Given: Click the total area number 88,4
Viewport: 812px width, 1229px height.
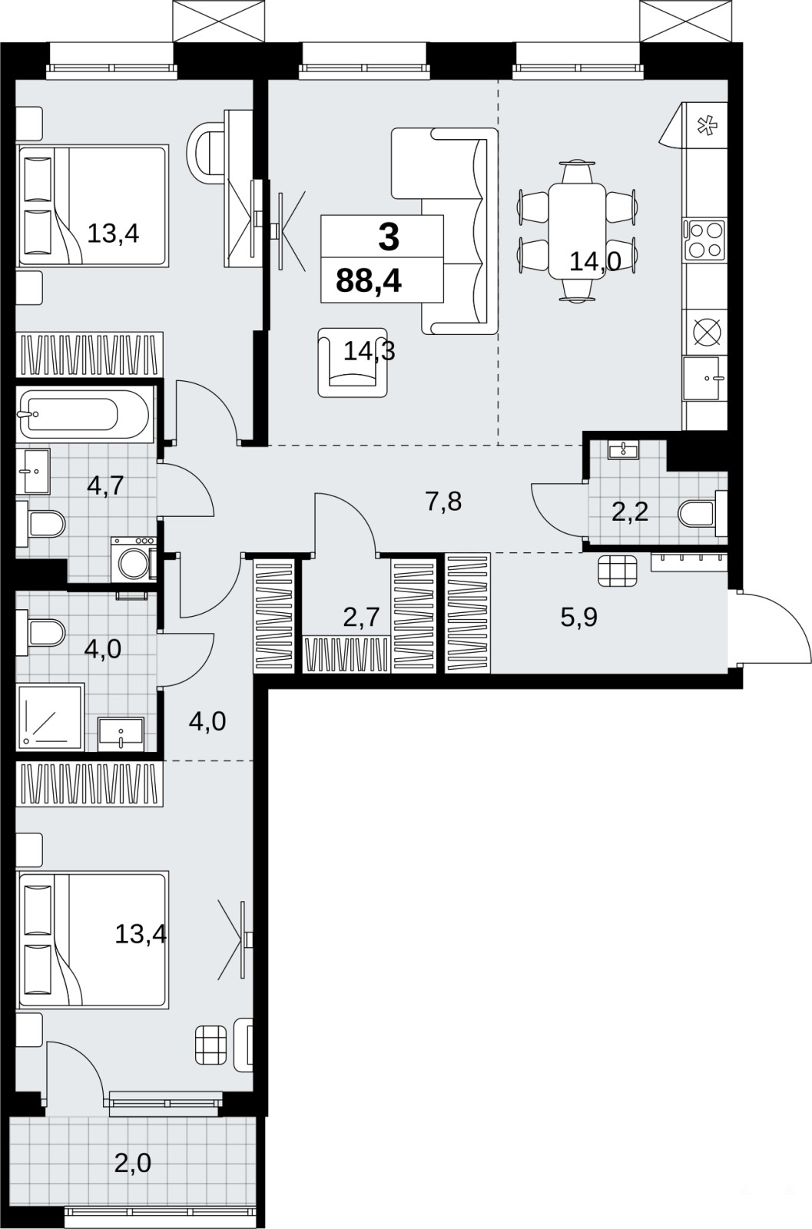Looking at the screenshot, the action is click(369, 281).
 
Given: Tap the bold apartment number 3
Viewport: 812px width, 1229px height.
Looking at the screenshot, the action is click(389, 239).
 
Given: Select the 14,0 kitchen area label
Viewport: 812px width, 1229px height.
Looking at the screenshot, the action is click(595, 262).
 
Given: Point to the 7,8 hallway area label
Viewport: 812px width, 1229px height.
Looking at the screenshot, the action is click(443, 502).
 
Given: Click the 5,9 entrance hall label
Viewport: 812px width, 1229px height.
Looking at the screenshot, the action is click(578, 618).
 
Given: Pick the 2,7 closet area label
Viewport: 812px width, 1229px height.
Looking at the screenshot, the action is click(362, 618).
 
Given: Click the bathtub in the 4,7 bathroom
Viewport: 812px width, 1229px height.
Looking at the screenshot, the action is click(82, 414).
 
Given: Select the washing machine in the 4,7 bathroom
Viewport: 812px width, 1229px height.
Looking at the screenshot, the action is click(134, 559).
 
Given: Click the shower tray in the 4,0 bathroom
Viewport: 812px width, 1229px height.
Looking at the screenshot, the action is click(51, 717).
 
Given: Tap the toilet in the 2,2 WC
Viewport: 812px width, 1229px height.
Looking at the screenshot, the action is click(703, 514).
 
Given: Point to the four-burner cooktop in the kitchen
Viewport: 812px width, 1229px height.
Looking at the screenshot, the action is click(704, 240).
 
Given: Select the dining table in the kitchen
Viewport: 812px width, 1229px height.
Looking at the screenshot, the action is click(577, 230).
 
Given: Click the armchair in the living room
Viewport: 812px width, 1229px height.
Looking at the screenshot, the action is click(353, 363).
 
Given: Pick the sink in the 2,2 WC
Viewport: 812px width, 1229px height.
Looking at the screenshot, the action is click(623, 450).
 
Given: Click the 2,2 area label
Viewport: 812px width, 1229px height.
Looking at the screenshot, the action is click(630, 512).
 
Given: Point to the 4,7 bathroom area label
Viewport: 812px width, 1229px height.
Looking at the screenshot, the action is click(106, 485).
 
